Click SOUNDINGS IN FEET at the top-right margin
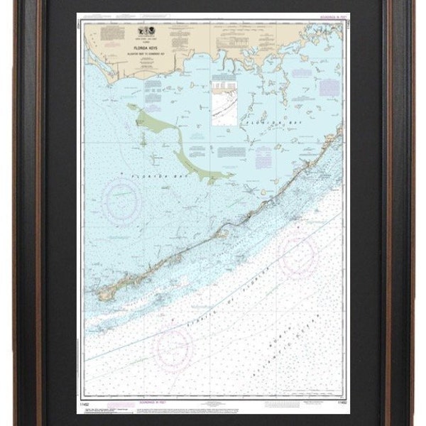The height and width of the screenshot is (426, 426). [x=322, y=16]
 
